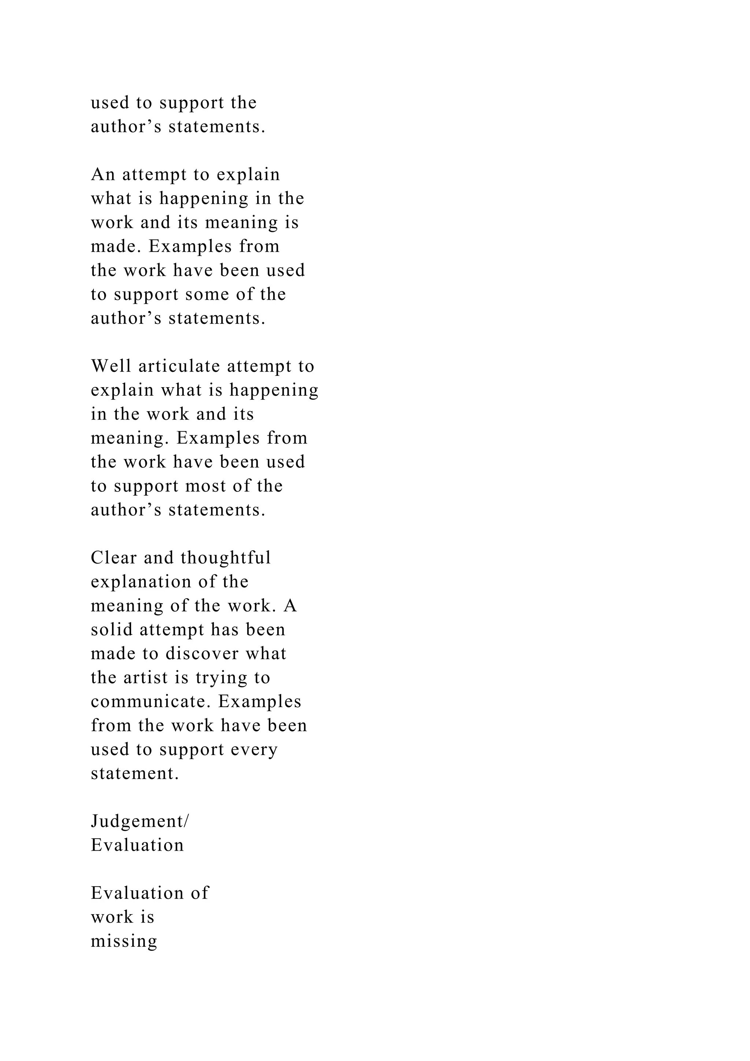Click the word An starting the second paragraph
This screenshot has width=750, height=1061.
click(103, 175)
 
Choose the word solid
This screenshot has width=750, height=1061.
click(111, 630)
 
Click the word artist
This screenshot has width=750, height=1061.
click(145, 678)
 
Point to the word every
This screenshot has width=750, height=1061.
click(256, 750)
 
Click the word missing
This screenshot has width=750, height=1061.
click(124, 942)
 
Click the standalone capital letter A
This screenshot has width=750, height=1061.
click(290, 606)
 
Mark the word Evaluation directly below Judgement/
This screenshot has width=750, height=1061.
click(137, 846)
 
